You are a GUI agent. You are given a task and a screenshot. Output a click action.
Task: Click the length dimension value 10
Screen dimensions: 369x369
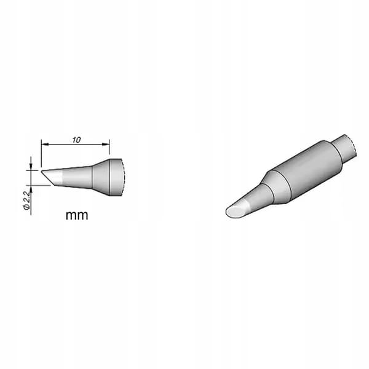(76, 140)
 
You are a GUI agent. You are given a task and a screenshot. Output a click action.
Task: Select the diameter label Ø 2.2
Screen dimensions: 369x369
(27, 200)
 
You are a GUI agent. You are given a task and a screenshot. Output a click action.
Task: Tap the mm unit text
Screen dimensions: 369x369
(77, 215)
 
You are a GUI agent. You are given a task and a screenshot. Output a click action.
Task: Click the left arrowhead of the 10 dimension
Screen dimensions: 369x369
(45, 144)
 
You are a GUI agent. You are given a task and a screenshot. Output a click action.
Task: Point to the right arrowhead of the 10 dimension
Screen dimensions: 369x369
(106, 144)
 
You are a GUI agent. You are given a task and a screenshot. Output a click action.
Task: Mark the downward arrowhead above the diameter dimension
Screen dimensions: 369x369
(31, 167)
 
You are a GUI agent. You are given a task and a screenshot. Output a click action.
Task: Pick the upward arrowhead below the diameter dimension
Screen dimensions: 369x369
(31, 189)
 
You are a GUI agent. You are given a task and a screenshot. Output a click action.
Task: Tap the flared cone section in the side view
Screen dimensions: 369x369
(101, 177)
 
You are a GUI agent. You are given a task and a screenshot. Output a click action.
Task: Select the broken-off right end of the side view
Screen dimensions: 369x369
(117, 178)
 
